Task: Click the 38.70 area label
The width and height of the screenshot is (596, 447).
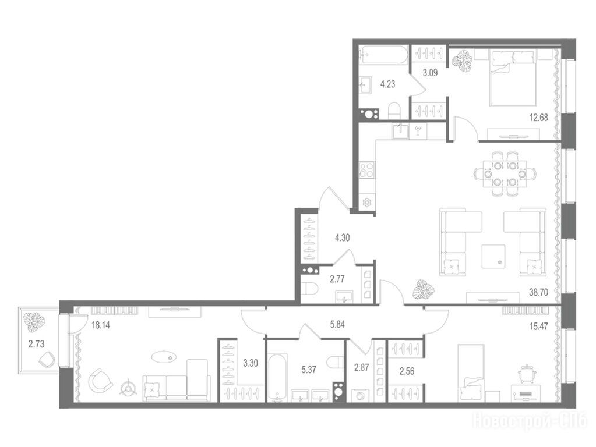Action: [538, 292]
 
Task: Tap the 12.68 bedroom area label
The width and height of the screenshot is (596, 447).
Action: [538, 118]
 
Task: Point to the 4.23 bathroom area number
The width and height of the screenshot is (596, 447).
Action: [387, 84]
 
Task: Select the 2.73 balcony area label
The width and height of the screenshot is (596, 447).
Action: [36, 344]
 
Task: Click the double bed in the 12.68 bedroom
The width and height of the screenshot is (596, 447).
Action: [513, 78]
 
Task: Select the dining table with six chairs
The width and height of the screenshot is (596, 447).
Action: [505, 174]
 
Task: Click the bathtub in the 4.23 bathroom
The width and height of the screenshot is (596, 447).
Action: [384, 55]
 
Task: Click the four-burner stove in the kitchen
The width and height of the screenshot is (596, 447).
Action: [367, 170]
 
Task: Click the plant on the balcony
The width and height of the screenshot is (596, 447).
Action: [34, 322]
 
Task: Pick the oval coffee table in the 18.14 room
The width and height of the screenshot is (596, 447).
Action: [164, 357]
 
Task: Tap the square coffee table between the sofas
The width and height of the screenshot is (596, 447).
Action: [493, 257]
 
